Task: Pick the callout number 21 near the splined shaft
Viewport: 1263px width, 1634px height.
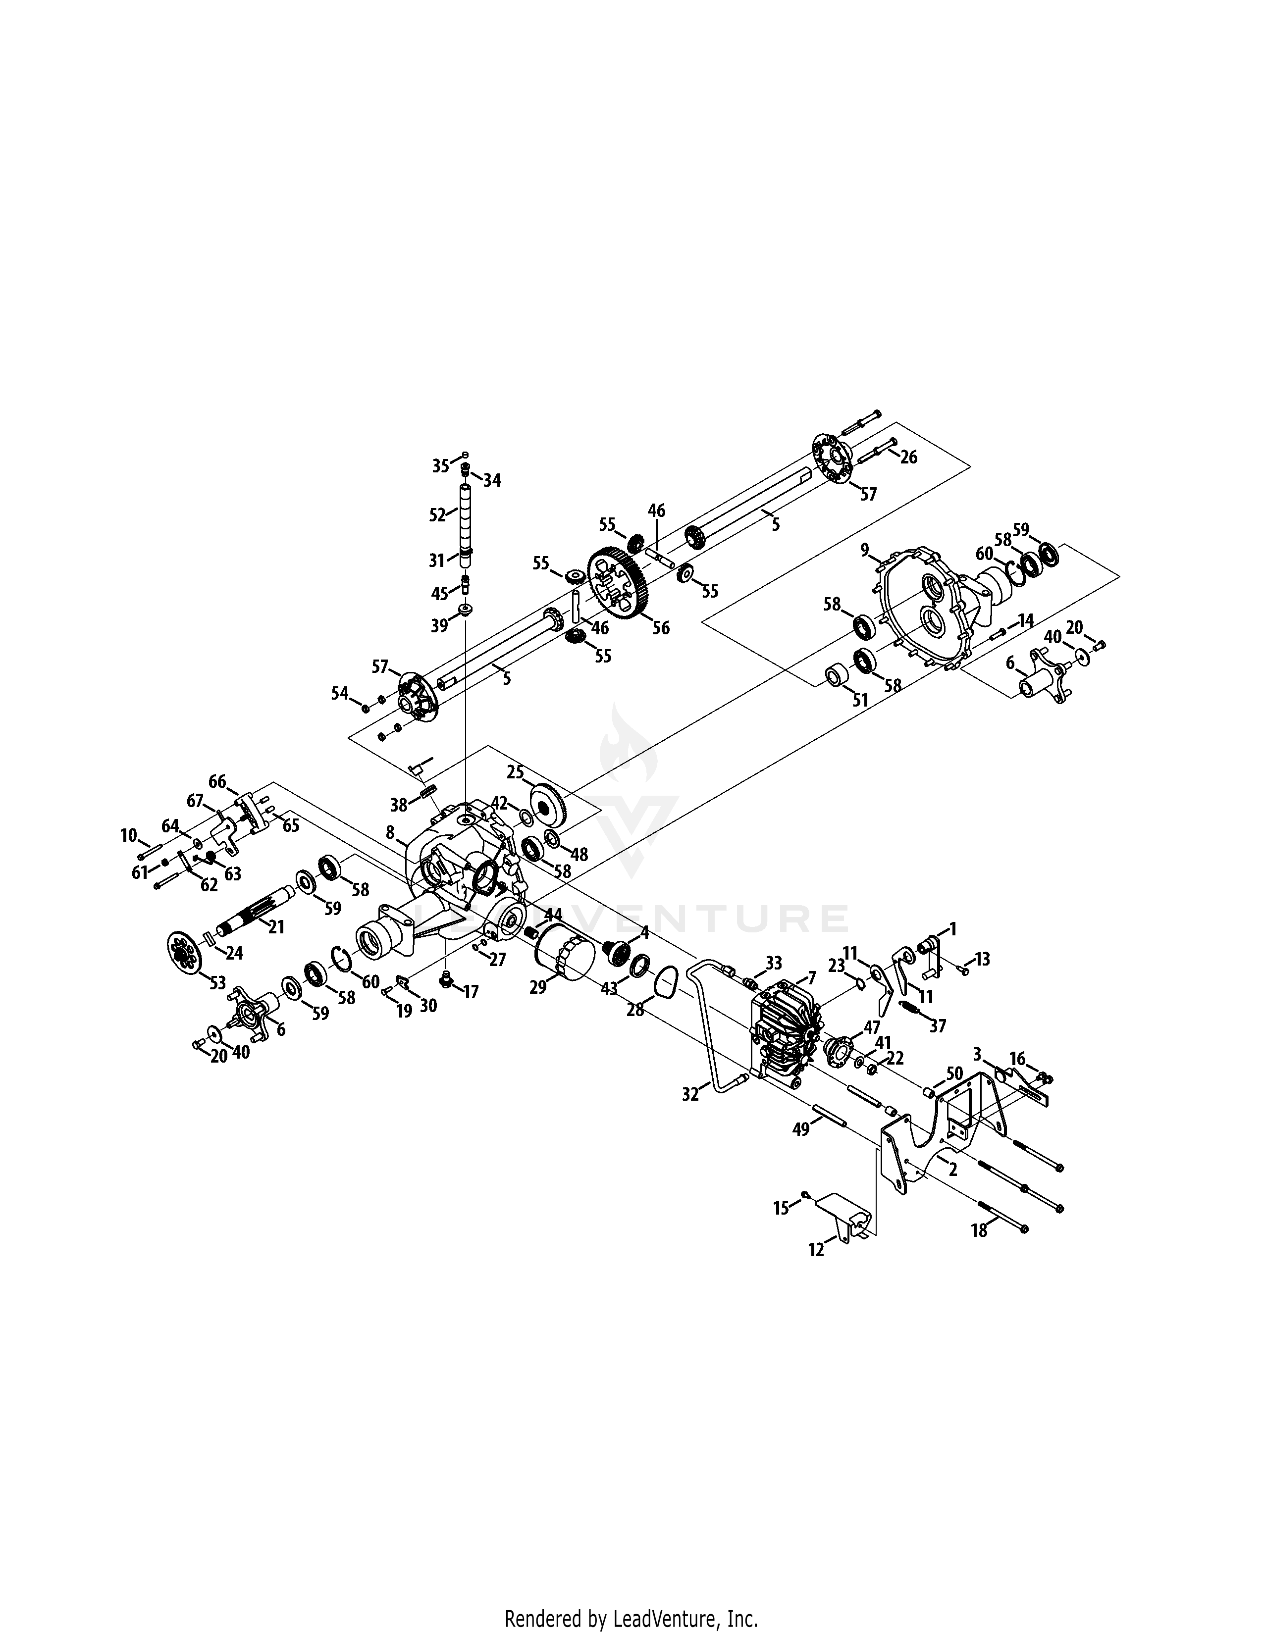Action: click(276, 927)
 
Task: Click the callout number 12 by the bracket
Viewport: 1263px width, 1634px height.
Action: click(816, 1249)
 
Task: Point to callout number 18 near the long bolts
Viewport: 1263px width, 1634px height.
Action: click(979, 1229)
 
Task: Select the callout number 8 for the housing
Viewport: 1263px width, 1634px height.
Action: click(390, 832)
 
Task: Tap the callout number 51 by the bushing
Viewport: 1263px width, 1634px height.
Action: click(860, 700)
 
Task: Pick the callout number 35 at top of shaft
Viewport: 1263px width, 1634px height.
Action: click(441, 465)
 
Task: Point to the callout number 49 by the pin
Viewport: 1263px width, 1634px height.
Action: click(800, 1129)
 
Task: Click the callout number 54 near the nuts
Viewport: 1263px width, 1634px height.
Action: click(340, 694)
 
